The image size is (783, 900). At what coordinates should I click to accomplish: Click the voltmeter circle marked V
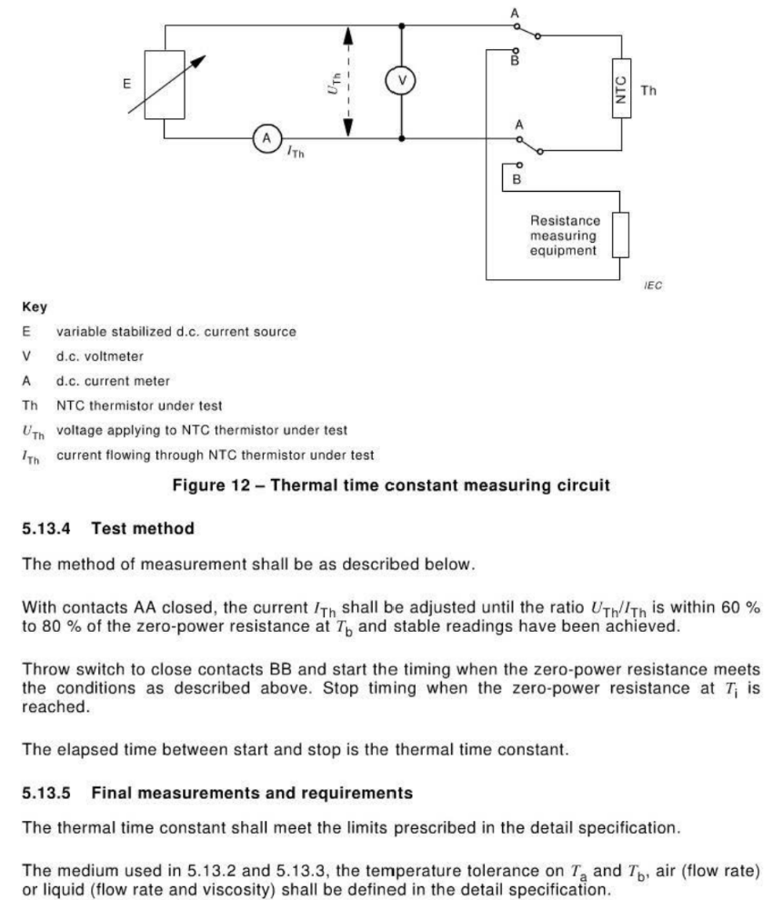(x=401, y=81)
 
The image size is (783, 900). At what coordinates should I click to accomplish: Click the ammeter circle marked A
(x=267, y=138)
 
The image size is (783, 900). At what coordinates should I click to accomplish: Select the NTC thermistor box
(x=621, y=88)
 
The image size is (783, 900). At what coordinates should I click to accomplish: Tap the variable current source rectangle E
(x=165, y=85)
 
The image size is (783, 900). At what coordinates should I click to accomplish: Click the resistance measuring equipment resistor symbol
(x=620, y=235)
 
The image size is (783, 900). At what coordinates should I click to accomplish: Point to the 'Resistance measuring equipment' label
(x=565, y=235)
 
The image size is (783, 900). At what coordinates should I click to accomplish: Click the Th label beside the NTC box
(x=648, y=91)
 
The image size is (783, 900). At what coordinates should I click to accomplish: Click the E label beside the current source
(x=127, y=84)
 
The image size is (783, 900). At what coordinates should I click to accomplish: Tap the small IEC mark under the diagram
(x=653, y=285)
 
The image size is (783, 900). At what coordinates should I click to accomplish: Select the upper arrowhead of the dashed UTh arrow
(x=348, y=35)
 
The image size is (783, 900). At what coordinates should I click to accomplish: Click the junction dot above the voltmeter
(x=401, y=25)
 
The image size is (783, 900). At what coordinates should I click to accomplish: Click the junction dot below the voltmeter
(x=401, y=138)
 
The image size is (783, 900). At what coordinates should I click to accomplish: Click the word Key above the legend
(x=35, y=307)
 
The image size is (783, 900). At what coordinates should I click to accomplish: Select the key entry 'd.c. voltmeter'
(x=99, y=356)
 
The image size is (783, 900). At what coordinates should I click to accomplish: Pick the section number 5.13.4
(x=45, y=528)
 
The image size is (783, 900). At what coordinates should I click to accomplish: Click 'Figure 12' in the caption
(x=211, y=485)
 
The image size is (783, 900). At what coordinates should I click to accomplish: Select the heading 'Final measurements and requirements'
(x=252, y=793)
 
